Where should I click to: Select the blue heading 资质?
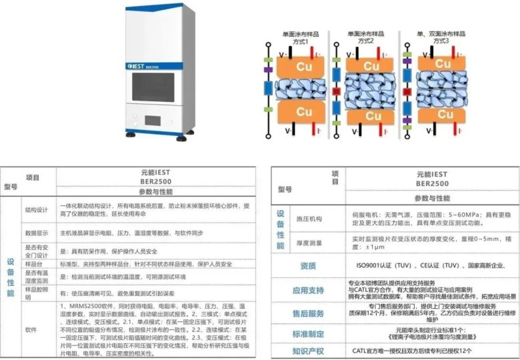coord(308,266)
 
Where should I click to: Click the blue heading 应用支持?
coord(308,291)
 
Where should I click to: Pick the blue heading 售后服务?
coord(308,313)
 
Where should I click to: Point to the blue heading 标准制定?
coord(308,333)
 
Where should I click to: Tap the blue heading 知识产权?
coord(308,350)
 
